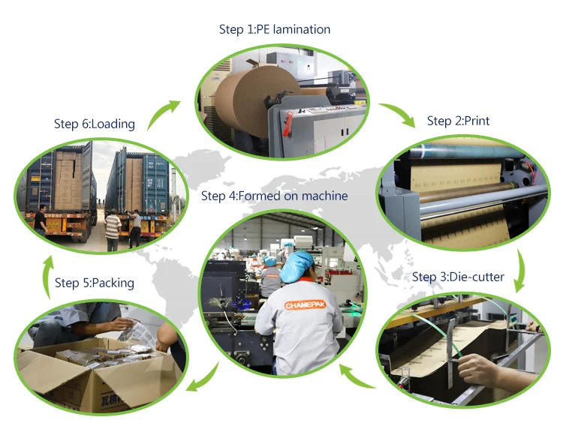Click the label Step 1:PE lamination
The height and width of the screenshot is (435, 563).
[274, 29]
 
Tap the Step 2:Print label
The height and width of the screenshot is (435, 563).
[458, 121]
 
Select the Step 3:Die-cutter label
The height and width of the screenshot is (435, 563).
[458, 277]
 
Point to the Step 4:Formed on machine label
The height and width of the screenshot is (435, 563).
[274, 196]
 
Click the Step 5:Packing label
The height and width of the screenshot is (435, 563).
[95, 283]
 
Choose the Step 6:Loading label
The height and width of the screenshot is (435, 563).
[94, 124]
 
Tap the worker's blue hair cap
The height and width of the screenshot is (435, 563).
[300, 265]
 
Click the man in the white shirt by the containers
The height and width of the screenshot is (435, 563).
[112, 229]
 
